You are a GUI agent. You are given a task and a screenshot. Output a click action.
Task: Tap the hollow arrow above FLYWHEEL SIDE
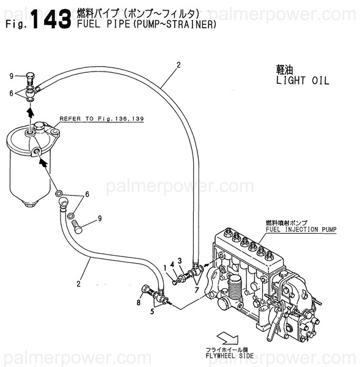point(227,337)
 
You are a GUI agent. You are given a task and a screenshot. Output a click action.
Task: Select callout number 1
point(165,267)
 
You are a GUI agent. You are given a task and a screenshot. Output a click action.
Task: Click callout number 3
point(180,261)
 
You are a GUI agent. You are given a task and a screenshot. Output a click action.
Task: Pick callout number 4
point(172,264)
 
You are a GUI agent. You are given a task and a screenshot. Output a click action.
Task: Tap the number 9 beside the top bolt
point(11,76)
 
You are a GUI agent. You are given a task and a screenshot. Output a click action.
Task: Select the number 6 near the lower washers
point(87,194)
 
